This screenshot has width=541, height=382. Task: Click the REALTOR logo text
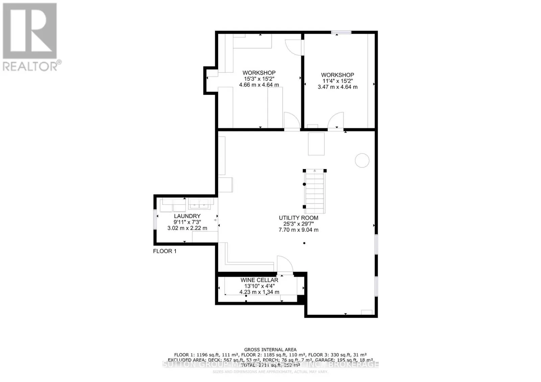point(30,66)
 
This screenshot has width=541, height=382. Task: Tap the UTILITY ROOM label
point(298,218)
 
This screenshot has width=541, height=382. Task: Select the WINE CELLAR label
point(259,280)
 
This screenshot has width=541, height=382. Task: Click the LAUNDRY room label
point(187,216)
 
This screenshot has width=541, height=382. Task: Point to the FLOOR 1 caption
point(165,251)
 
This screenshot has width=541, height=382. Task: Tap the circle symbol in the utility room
point(362,160)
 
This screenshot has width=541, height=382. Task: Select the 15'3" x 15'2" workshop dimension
point(259,79)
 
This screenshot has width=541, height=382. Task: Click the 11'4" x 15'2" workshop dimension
point(337,81)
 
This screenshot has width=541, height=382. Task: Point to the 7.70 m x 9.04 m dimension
point(298,230)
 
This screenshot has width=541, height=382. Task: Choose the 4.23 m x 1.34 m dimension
point(259,292)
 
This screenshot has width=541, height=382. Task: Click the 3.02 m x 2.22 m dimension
point(187,228)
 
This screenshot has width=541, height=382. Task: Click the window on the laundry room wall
point(155,219)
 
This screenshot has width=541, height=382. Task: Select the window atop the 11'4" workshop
point(341,32)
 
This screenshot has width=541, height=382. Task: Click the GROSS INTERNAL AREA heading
point(270,350)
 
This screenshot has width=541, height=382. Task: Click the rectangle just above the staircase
point(316,144)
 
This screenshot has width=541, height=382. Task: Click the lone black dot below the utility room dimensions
point(304,243)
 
